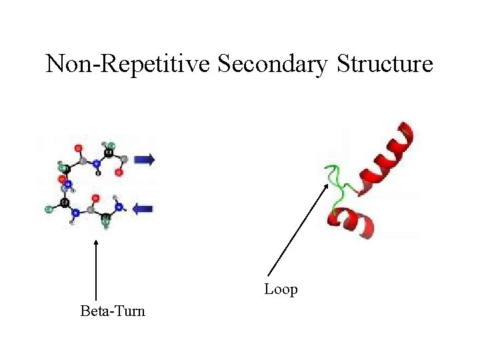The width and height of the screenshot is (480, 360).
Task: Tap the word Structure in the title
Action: coord(385,64)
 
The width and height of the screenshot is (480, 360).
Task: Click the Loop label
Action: coord(281,289)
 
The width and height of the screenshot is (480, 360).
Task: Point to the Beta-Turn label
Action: coord(112,311)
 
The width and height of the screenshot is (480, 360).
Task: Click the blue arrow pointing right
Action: coord(144,159)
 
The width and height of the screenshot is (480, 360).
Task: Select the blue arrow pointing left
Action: coord(143,209)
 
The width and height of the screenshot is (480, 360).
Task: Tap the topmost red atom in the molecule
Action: coord(79,147)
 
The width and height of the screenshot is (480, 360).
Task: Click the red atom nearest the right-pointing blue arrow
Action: coord(119,173)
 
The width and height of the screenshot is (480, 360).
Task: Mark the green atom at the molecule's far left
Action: coord(49,209)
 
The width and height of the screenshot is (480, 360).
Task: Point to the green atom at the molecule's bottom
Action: coord(105,224)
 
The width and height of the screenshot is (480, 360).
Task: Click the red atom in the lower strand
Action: coord(95,198)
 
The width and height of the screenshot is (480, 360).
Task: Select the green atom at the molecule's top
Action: coord(111,146)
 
